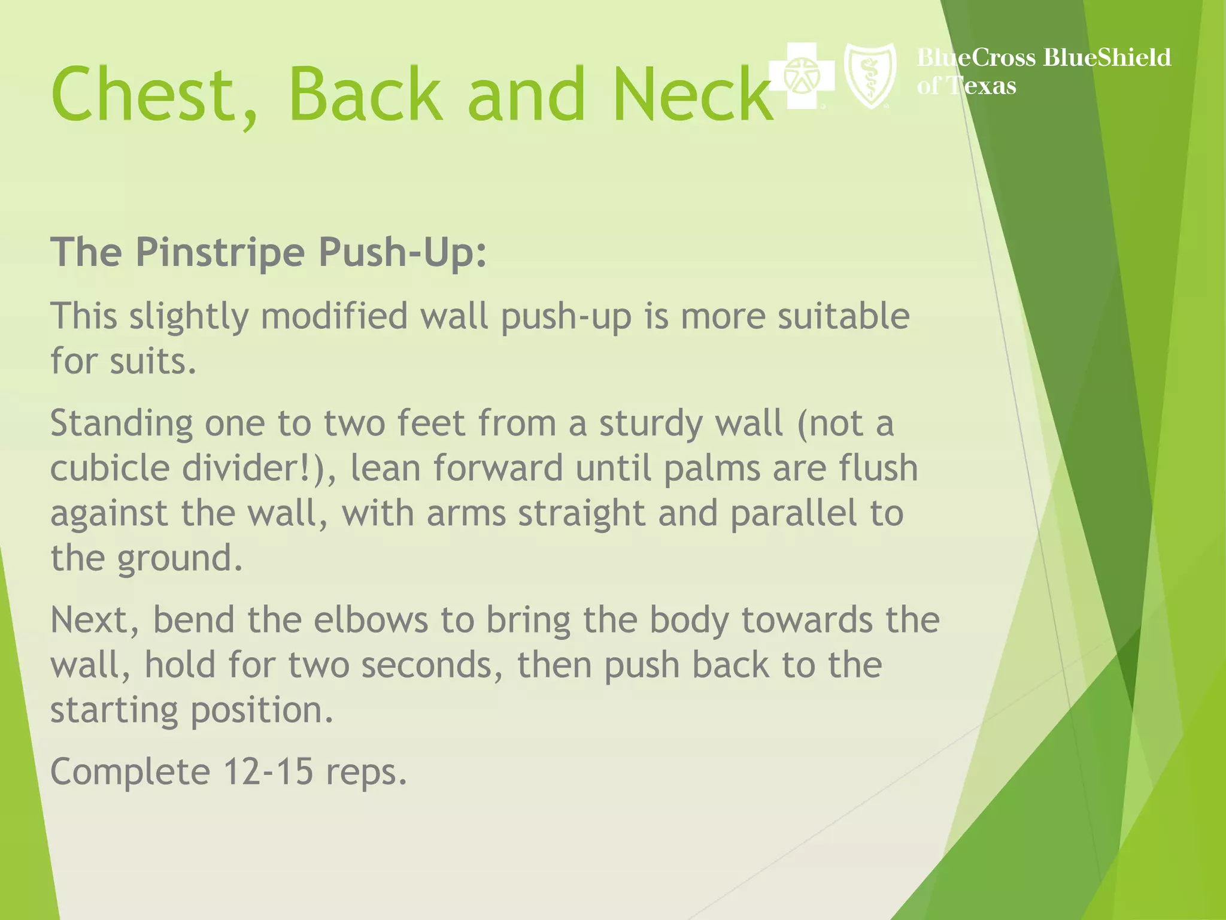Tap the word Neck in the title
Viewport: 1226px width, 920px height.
tap(693, 95)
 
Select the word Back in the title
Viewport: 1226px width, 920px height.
tap(365, 95)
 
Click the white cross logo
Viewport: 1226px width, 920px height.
tap(801, 76)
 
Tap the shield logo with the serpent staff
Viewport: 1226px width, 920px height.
tap(870, 76)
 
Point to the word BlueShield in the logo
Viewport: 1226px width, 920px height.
tap(1107, 57)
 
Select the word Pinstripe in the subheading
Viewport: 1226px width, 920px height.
tap(221, 253)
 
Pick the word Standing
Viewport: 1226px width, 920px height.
tap(122, 424)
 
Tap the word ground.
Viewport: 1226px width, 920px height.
tap(180, 559)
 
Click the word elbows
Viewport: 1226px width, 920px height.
tap(371, 620)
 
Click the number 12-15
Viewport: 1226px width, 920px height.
tap(268, 771)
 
